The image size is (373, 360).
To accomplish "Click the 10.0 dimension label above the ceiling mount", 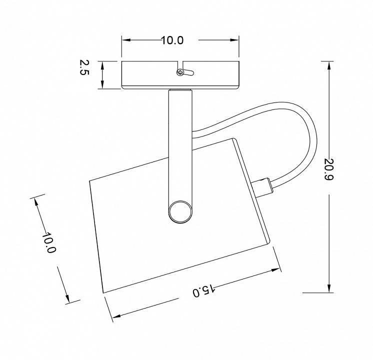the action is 172,40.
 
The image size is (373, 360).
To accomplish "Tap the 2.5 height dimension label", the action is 84,67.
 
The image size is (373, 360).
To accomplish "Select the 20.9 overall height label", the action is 329,169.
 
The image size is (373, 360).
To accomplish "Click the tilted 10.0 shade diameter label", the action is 49,242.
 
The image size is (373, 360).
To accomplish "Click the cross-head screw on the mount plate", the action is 180,72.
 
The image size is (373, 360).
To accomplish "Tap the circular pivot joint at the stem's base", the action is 180,212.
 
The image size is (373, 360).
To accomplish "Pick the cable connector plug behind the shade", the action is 262,187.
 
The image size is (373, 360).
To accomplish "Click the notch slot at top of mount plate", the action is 180,65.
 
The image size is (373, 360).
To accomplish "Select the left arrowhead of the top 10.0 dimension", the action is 126,40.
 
